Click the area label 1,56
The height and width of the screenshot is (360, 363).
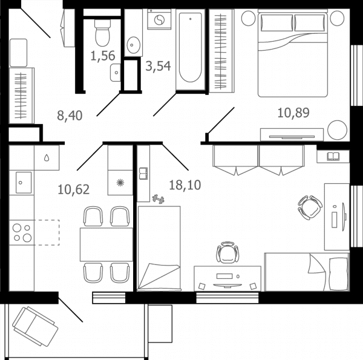tap(103, 56)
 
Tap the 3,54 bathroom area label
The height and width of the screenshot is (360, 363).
tap(158, 66)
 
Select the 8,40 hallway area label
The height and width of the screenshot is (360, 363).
tap(70, 116)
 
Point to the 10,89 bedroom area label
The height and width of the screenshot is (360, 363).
tap(293, 113)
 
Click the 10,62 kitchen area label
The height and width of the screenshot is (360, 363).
tap(73, 189)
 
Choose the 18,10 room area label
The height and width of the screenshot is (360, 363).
tap(185, 185)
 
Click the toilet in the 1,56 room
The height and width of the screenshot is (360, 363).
tap(103, 33)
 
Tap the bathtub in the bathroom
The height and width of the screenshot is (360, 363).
tap(191, 49)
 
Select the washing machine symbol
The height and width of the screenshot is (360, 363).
tap(159, 19)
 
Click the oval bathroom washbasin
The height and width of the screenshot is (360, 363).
tap(133, 45)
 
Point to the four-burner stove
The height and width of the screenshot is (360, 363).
tap(22, 232)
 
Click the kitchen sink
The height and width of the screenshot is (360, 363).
tap(24, 183)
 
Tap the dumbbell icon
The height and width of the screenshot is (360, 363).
tap(159, 199)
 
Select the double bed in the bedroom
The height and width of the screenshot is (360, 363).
tap(293, 53)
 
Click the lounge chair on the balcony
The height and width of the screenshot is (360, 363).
tap(35, 326)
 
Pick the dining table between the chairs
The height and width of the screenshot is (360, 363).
tap(106, 244)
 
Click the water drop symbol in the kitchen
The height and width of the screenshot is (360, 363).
tap(47, 158)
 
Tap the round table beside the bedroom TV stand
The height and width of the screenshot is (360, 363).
tap(338, 130)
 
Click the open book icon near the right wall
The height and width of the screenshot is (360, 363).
tap(333, 157)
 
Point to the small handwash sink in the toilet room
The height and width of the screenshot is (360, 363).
tap(116, 73)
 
